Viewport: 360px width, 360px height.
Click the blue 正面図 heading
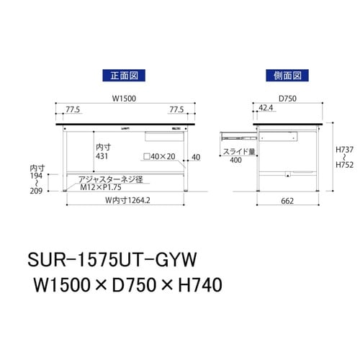pyautogui.click(x=120, y=74)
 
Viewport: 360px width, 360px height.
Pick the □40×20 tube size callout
pyautogui.click(x=159, y=157)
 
